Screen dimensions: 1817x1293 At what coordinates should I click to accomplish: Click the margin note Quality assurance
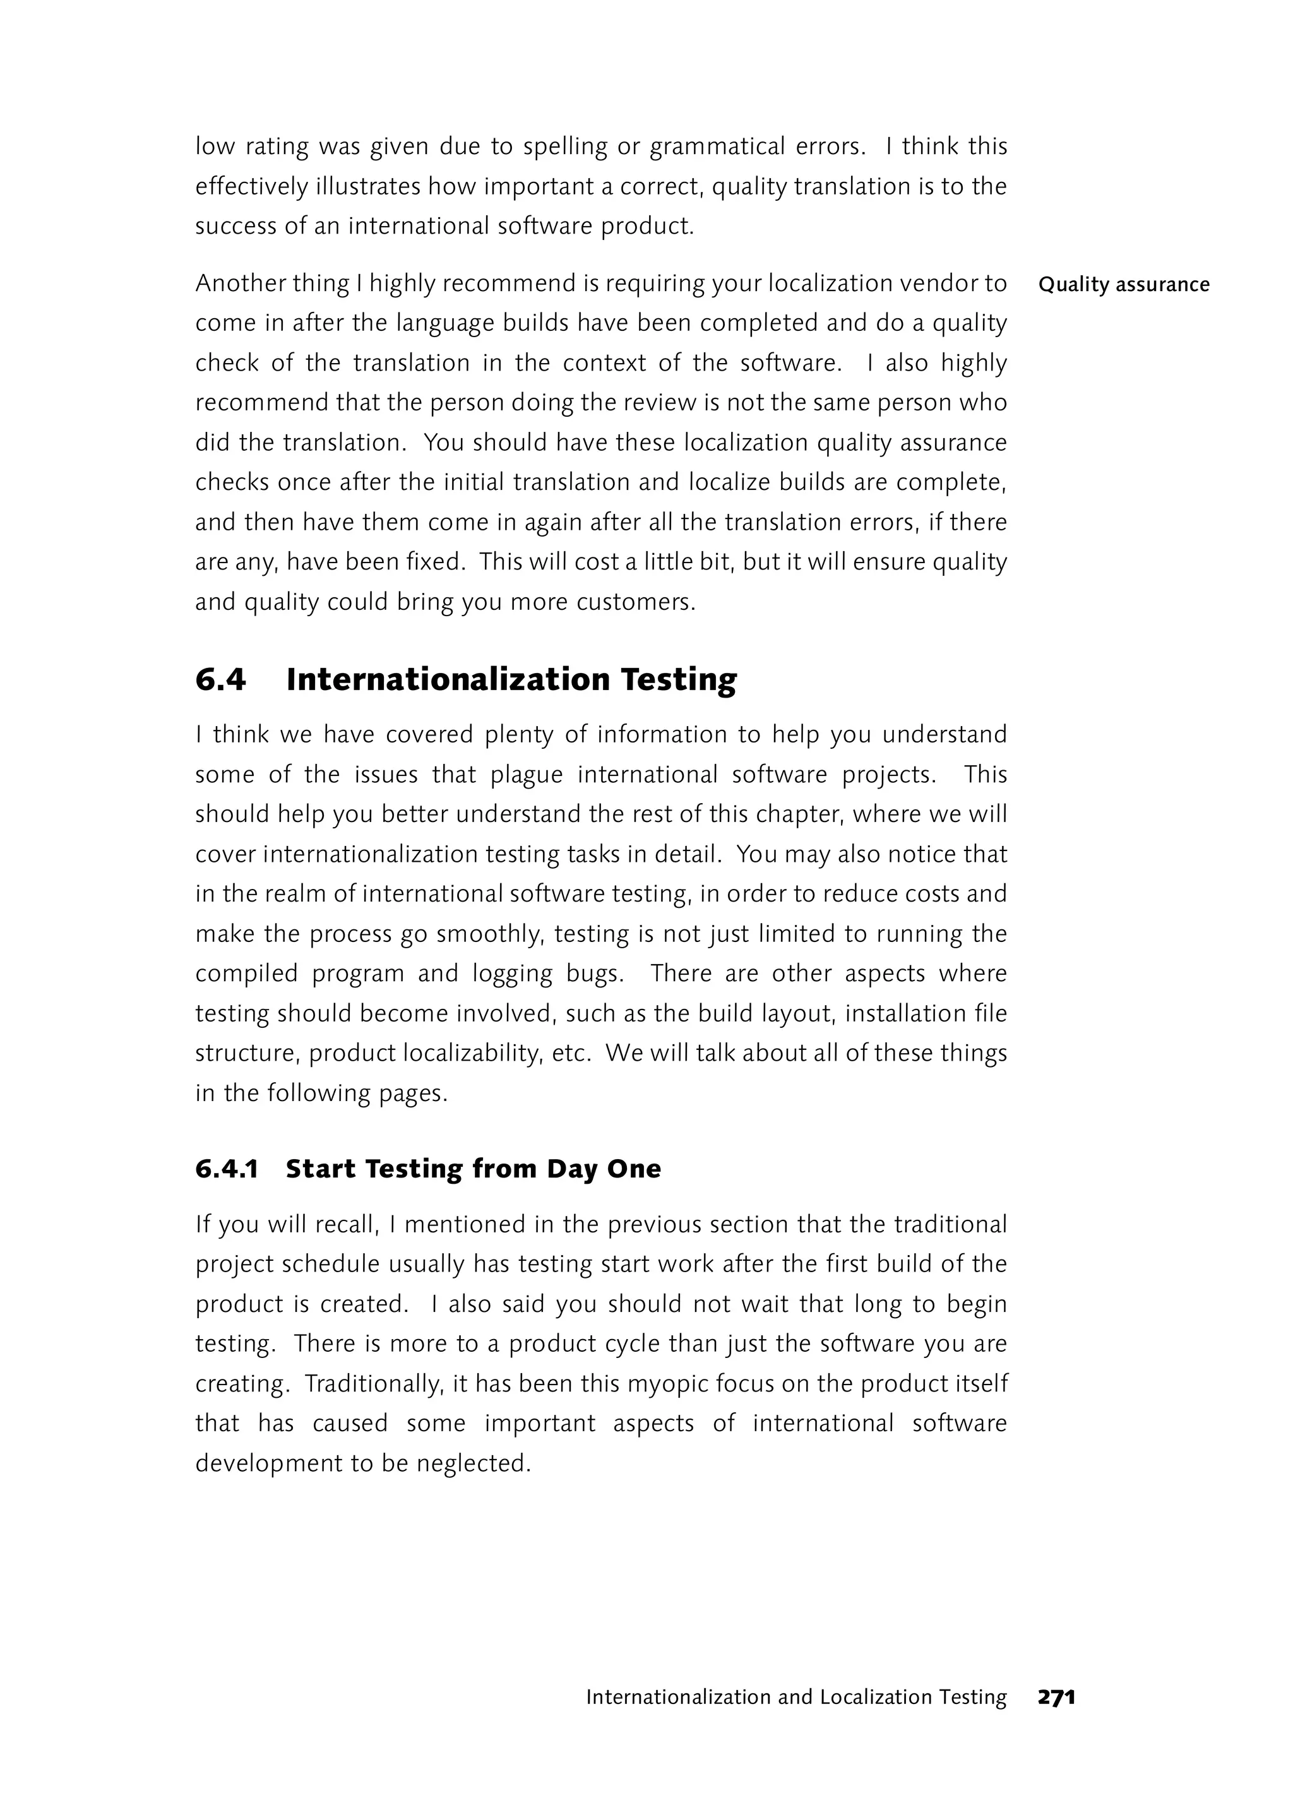coord(1123,284)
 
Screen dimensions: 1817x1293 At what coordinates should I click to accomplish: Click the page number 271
coord(1056,1697)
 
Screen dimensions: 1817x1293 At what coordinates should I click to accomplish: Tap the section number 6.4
coord(220,679)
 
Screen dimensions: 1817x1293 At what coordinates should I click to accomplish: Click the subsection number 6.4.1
coord(227,1169)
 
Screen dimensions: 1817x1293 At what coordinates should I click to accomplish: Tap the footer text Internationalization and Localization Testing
coord(796,1697)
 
